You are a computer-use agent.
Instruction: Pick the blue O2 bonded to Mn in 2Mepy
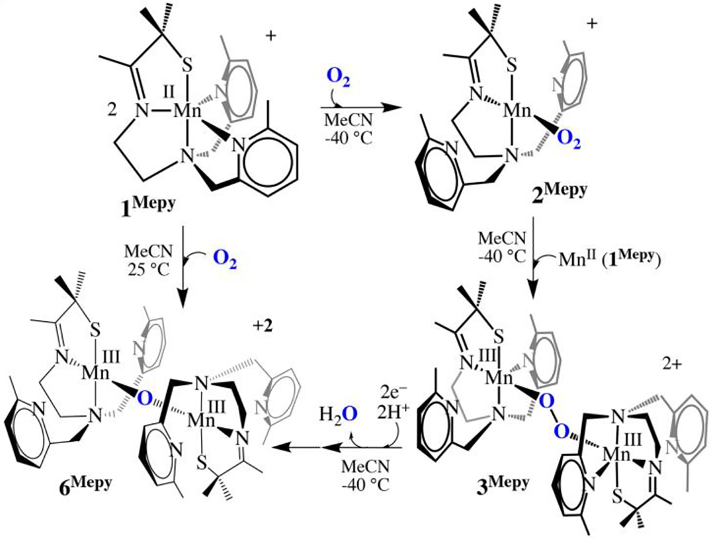569,140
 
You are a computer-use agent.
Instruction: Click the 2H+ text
392,413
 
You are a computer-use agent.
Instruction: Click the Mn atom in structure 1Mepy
188,111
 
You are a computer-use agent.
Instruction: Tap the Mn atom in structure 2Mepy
517,111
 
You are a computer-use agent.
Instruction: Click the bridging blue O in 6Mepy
145,399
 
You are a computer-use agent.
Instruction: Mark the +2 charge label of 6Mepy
263,326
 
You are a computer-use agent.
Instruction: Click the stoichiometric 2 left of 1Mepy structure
112,110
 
